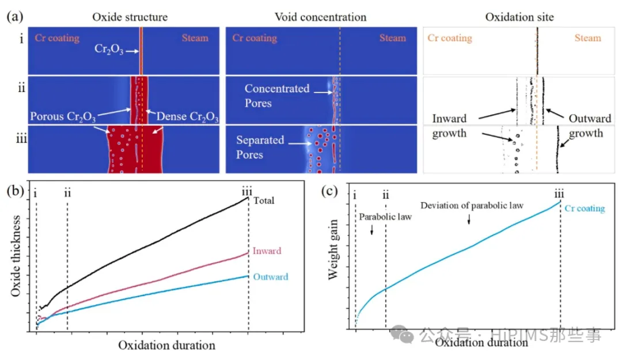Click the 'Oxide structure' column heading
tap(130, 17)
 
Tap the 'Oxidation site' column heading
tap(519, 17)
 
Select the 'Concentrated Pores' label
tap(276, 96)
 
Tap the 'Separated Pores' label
tap(260, 147)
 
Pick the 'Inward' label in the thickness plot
tap(267, 251)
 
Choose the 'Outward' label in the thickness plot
tap(270, 277)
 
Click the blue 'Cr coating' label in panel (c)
tap(585, 209)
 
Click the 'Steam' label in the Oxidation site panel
tap(587, 38)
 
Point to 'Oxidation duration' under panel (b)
tap(166, 346)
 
